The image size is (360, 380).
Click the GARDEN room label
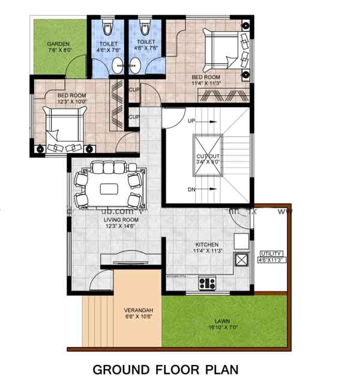(58, 44)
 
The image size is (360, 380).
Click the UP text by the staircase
(192, 121)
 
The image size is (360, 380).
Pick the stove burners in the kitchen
(207, 282)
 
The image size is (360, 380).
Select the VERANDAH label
(139, 310)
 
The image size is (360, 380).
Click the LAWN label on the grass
(224, 321)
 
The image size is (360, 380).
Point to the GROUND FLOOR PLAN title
(165, 368)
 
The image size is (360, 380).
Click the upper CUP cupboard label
(134, 90)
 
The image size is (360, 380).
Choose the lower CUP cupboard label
(134, 116)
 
